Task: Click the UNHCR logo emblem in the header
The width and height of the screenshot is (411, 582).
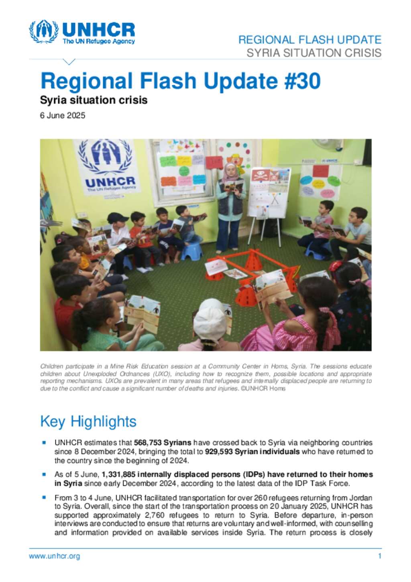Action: [x=43, y=31]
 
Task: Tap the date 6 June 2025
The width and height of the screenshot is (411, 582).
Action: [x=63, y=116]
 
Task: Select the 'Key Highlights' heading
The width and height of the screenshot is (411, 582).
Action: [x=88, y=421]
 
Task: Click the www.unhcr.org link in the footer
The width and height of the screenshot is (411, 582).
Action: [x=54, y=556]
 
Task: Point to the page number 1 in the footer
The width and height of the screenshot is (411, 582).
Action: [x=379, y=556]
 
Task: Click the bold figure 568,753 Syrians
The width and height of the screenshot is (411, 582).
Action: [x=162, y=443]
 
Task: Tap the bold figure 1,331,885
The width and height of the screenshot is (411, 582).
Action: [x=118, y=474]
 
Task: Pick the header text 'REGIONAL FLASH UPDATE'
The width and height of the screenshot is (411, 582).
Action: [x=309, y=40]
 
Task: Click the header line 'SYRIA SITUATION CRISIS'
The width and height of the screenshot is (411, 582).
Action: [x=314, y=53]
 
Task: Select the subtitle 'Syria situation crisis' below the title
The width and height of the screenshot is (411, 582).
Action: [x=94, y=100]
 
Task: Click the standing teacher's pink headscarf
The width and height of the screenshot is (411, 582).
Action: [x=230, y=171]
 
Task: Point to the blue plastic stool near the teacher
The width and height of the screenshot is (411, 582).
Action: [x=191, y=251]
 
